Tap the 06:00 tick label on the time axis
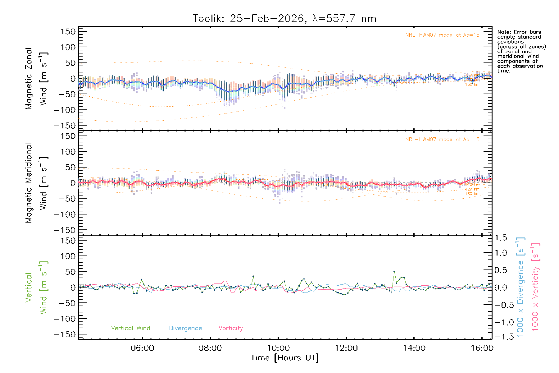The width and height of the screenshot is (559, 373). [x=142, y=348]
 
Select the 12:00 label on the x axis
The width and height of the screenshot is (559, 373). [x=346, y=348]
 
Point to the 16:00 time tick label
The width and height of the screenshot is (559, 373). [x=482, y=348]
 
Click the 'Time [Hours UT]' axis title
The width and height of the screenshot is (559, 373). [x=285, y=358]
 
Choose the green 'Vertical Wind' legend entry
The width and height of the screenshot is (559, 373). [x=130, y=328]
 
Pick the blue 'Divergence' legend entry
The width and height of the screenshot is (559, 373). [x=185, y=328]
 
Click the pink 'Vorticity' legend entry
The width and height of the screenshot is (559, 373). [x=230, y=328]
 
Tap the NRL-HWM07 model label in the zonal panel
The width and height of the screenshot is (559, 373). [x=442, y=35]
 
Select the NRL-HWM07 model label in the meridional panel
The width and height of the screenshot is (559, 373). [x=442, y=140]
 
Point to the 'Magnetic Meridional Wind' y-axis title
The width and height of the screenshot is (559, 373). [x=37, y=183]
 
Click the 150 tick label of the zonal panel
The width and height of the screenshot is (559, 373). [x=68, y=31]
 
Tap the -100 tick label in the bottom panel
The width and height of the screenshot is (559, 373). [x=65, y=319]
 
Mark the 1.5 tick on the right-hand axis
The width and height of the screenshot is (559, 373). [x=501, y=238]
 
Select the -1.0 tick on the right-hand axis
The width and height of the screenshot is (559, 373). [x=501, y=322]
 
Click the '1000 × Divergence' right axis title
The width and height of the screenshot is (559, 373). [x=520, y=287]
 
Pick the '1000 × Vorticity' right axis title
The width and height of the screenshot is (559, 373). [x=535, y=287]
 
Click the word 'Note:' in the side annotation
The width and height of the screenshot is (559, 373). [x=504, y=32]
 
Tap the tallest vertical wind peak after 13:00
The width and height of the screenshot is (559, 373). [x=394, y=272]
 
